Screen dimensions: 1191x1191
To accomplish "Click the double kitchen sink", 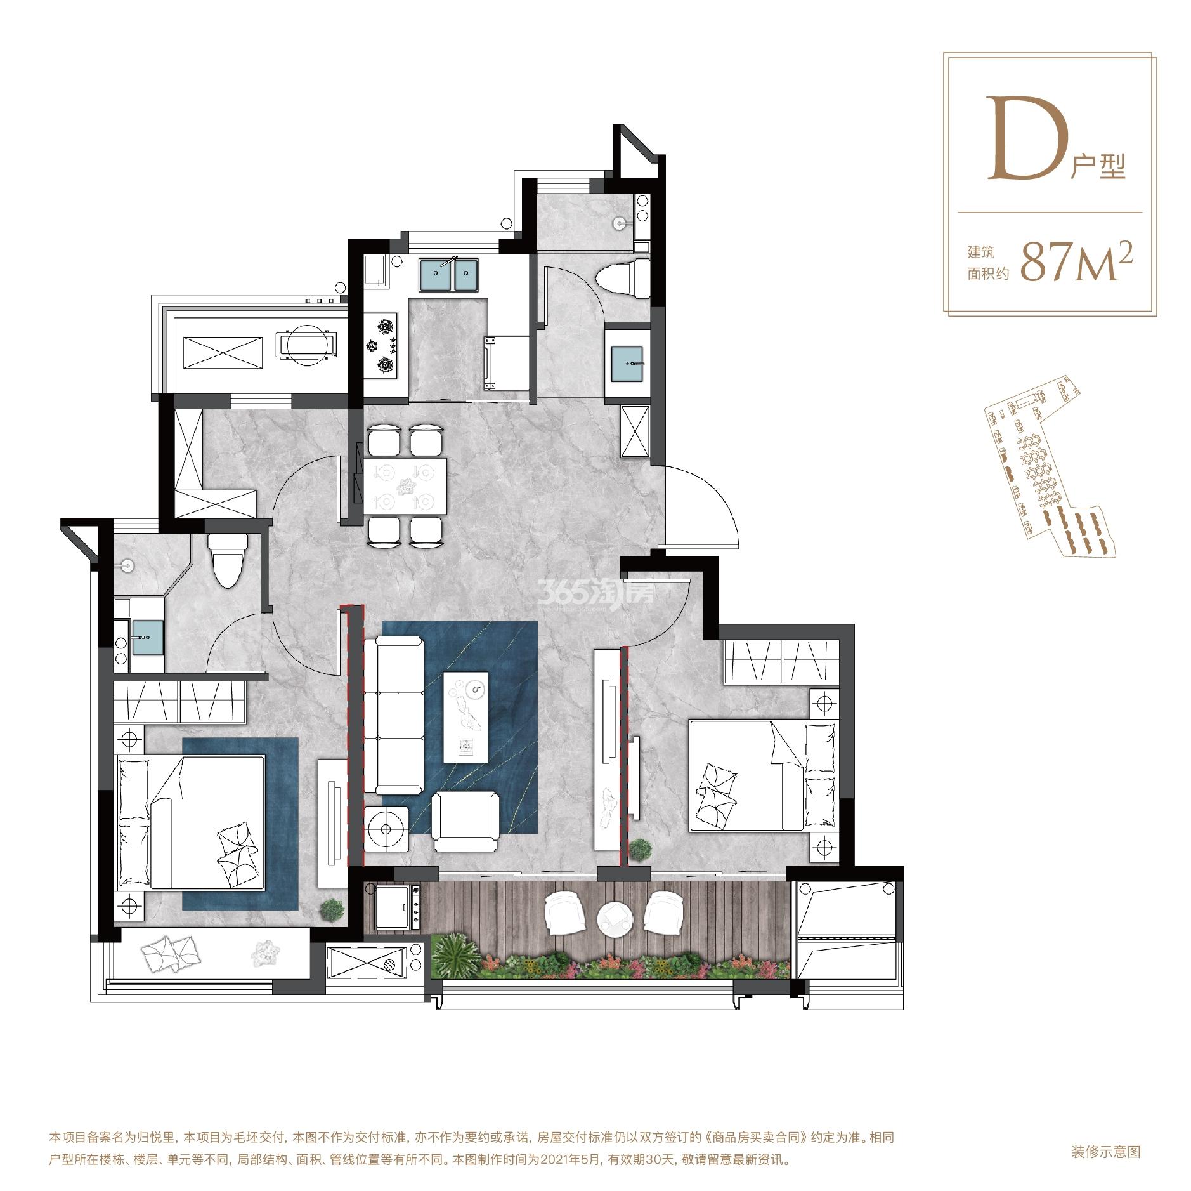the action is pyautogui.click(x=448, y=275).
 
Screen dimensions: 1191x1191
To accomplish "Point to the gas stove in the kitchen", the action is pyautogui.click(x=381, y=345).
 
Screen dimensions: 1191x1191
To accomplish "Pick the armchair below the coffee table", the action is pyautogui.click(x=465, y=822).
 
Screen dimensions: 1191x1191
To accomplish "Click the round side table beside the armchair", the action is pyautogui.click(x=387, y=827).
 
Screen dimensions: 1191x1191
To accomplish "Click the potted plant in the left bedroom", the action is pyautogui.click(x=331, y=909).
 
